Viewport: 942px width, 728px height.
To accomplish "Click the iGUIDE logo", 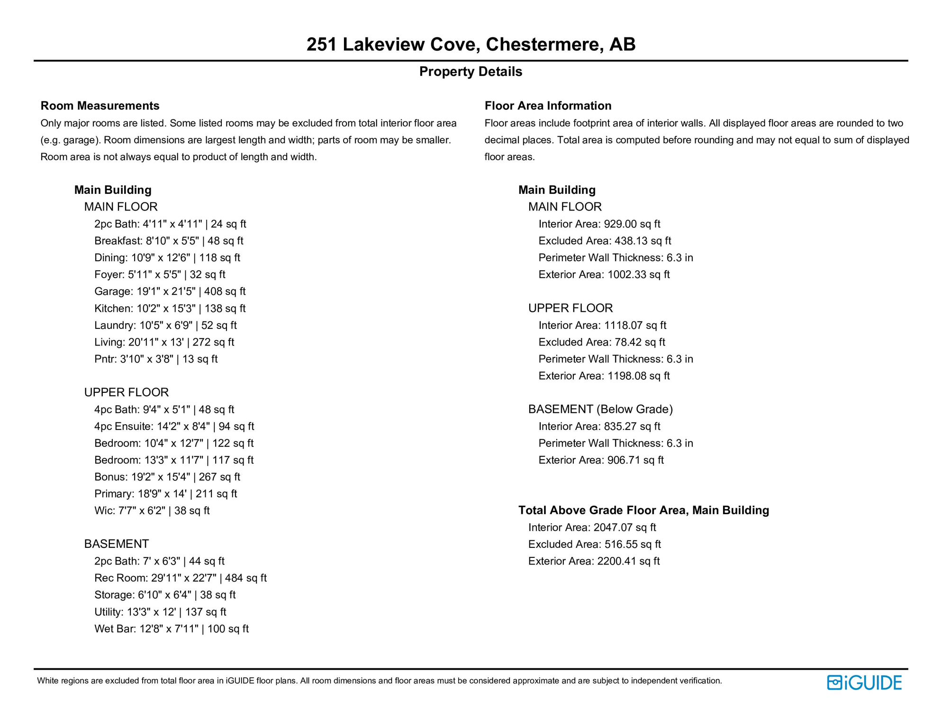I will point(864,682).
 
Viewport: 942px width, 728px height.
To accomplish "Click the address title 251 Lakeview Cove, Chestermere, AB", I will point(471,44).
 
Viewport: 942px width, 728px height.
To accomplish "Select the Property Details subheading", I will point(471,72).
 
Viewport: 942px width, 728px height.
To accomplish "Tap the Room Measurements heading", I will point(100,106).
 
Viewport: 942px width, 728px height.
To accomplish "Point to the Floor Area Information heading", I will point(548,106).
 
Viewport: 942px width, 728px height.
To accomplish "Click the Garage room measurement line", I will point(170,291).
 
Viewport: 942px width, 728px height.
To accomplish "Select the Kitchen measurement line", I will point(170,309).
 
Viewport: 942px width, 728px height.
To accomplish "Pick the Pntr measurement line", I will point(156,359).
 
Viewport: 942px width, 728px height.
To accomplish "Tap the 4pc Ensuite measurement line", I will point(174,427).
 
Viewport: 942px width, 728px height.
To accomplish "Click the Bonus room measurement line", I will point(167,477).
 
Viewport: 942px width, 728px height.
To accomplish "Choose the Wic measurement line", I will point(152,510).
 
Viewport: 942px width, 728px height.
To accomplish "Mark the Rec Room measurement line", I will point(180,578).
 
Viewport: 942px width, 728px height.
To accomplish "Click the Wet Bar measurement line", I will point(171,629).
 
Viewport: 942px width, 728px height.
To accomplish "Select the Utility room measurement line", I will point(160,612).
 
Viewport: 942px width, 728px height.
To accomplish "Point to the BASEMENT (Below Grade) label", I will point(600,409).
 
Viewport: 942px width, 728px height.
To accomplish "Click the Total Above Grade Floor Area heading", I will point(643,510).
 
